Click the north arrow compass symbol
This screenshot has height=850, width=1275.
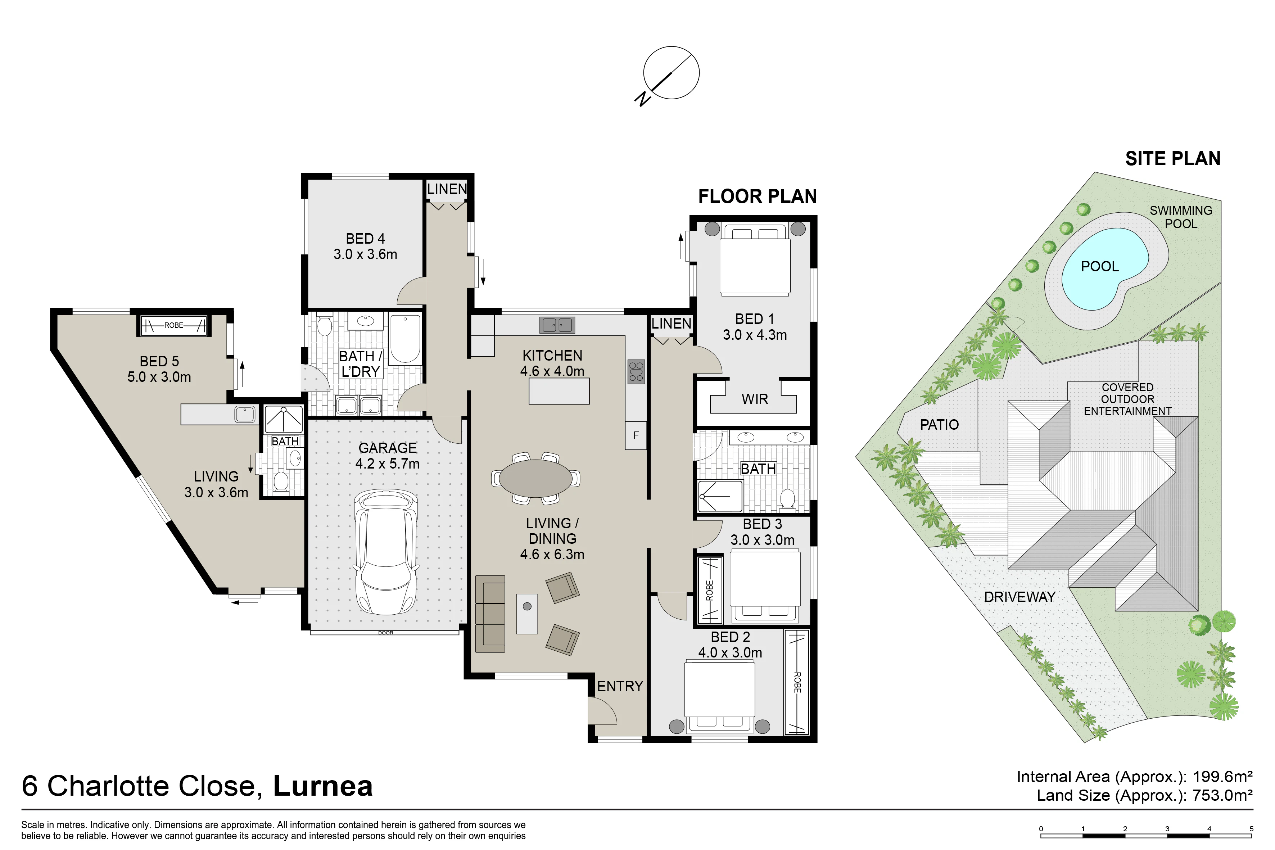coord(670,73)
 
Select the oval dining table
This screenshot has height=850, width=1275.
coord(535,478)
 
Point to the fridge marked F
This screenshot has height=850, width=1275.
coord(636,435)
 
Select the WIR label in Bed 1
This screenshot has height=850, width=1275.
coord(755,399)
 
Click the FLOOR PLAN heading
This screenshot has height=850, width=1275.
coord(757,196)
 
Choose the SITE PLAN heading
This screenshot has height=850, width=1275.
coord(1173,158)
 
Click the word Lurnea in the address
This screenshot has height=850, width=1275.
coord(323,786)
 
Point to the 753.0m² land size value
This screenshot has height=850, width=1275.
coord(1222,795)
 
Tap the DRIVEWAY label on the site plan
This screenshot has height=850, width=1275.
coord(1019,597)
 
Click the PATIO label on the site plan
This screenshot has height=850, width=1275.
coord(940,424)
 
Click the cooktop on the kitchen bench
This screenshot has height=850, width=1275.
coord(636,372)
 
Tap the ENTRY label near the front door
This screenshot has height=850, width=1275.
coord(620,686)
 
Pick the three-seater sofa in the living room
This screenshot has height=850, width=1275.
coord(490,614)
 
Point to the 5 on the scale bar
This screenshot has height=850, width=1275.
coord(1252,829)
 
